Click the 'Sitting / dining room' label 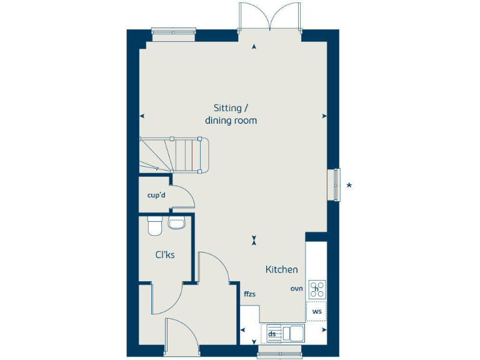(x=231, y=114)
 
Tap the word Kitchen (x=282, y=269)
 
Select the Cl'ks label (x=164, y=254)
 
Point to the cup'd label (x=156, y=196)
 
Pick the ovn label (x=296, y=288)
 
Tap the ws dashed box (x=317, y=311)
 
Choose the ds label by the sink (x=272, y=334)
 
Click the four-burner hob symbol (x=317, y=289)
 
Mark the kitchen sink (x=292, y=333)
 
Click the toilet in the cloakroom (x=154, y=226)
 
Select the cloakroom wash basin (x=177, y=224)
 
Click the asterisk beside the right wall (x=349, y=185)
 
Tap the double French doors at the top (x=269, y=17)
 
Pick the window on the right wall (x=336, y=185)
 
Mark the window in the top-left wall (x=170, y=34)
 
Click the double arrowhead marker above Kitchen (x=254, y=239)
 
